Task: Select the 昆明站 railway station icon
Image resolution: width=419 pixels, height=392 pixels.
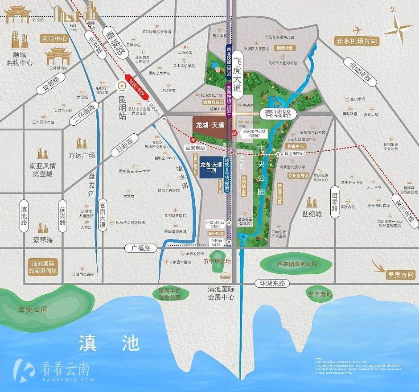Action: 120,85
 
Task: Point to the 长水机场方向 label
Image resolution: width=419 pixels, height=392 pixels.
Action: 357,42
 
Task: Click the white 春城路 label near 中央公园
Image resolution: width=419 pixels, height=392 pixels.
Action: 278,114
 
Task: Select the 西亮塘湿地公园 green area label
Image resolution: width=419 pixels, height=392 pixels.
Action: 297,264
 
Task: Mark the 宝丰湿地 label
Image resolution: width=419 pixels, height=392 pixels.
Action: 320,294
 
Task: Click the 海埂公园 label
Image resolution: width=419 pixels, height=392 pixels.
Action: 33,309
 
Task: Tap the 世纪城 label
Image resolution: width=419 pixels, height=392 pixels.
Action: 312,214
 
